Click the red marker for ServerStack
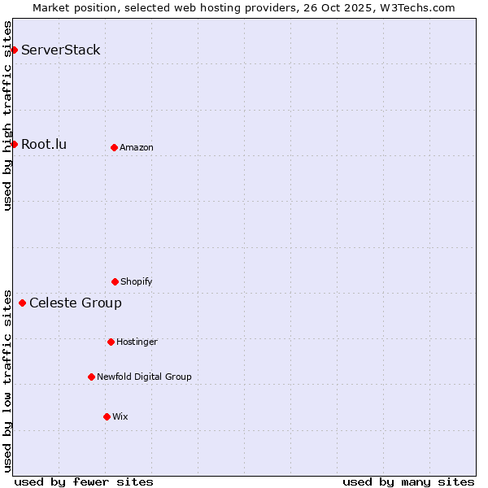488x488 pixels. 14,50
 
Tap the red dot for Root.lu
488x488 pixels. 14,145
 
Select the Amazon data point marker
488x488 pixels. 114,147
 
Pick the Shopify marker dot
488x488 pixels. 115,281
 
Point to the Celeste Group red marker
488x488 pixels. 22,303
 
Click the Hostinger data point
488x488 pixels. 111,342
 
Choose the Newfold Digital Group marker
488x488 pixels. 91,377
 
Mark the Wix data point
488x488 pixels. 107,416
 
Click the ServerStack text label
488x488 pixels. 61,50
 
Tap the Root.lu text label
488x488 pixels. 44,145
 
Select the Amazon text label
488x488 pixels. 137,147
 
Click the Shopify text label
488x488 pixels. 137,281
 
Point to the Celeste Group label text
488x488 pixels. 76,303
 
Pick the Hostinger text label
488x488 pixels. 137,342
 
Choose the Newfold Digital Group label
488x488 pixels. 144,377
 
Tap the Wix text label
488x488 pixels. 120,416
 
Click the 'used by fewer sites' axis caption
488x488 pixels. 84,481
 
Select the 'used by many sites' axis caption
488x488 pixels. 408,481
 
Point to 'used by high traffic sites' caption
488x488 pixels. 7,115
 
